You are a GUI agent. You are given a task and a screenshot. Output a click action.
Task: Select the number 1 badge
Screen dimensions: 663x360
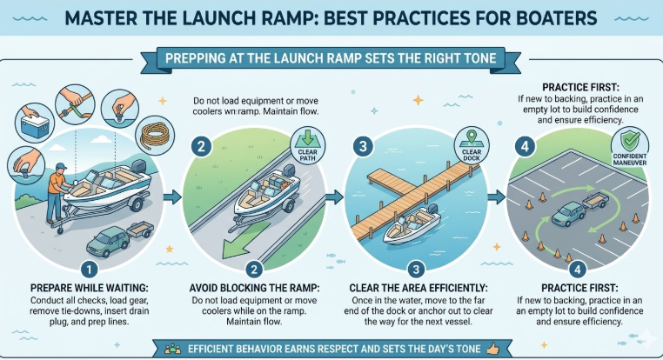tap(89, 270)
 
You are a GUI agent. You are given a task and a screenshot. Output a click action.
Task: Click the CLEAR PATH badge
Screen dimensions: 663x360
tap(307, 146)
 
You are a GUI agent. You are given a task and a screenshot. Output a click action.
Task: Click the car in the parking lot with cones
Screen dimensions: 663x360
tap(568, 214)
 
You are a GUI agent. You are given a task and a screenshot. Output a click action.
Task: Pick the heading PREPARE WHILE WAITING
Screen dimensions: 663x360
tap(90, 288)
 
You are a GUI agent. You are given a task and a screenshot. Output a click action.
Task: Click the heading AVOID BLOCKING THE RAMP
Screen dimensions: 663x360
tap(254, 288)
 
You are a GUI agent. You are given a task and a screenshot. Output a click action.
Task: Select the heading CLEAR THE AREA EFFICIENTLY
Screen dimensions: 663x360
tap(419, 288)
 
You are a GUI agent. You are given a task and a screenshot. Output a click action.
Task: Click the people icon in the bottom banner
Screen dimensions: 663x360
tap(172, 349)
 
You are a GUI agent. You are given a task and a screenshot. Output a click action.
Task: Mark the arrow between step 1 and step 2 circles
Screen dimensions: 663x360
tap(172, 197)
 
